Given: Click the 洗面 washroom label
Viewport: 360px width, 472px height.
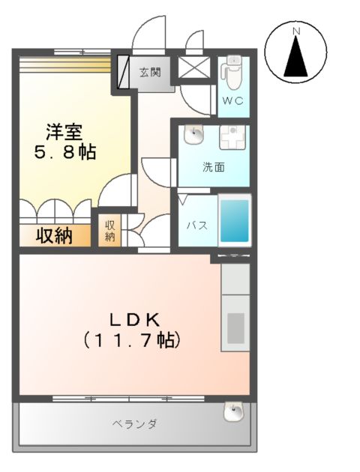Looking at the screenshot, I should tap(213, 167).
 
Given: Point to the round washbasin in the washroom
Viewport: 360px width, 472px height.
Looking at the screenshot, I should tap(194, 135).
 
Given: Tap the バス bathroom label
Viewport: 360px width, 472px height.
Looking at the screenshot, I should tap(196, 226).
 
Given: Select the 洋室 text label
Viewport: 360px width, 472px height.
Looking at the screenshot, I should tap(63, 130).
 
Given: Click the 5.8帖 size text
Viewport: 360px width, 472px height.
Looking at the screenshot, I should tap(63, 152).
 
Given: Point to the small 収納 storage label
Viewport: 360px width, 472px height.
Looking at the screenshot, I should tap(110, 231).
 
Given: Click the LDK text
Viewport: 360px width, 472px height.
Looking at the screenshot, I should tap(133, 318).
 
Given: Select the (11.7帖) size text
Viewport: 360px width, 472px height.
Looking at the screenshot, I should tap(133, 341).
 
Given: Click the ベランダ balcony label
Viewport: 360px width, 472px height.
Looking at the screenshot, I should tap(134, 425).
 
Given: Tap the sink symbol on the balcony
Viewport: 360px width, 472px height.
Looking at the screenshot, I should tap(235, 410).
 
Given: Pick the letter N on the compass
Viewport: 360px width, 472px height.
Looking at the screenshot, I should tap(296, 31).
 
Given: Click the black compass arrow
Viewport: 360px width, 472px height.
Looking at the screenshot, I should tap(296, 58).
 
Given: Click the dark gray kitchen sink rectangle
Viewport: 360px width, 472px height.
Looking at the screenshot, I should tap(235, 327).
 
